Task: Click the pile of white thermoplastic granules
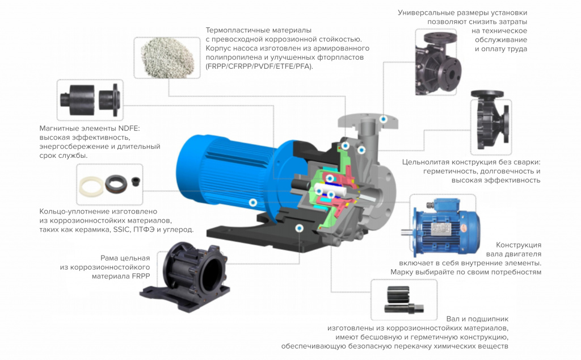click(167, 57)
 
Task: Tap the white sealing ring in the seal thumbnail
click(92, 185)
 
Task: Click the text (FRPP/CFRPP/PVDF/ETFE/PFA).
click(259, 66)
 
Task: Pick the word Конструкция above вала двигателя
click(519, 245)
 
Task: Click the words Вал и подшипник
click(477, 319)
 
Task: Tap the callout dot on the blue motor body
click(253, 203)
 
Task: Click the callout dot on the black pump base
click(300, 228)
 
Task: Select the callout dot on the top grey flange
click(384, 119)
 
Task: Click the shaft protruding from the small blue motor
click(407, 232)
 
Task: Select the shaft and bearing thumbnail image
click(404, 300)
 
